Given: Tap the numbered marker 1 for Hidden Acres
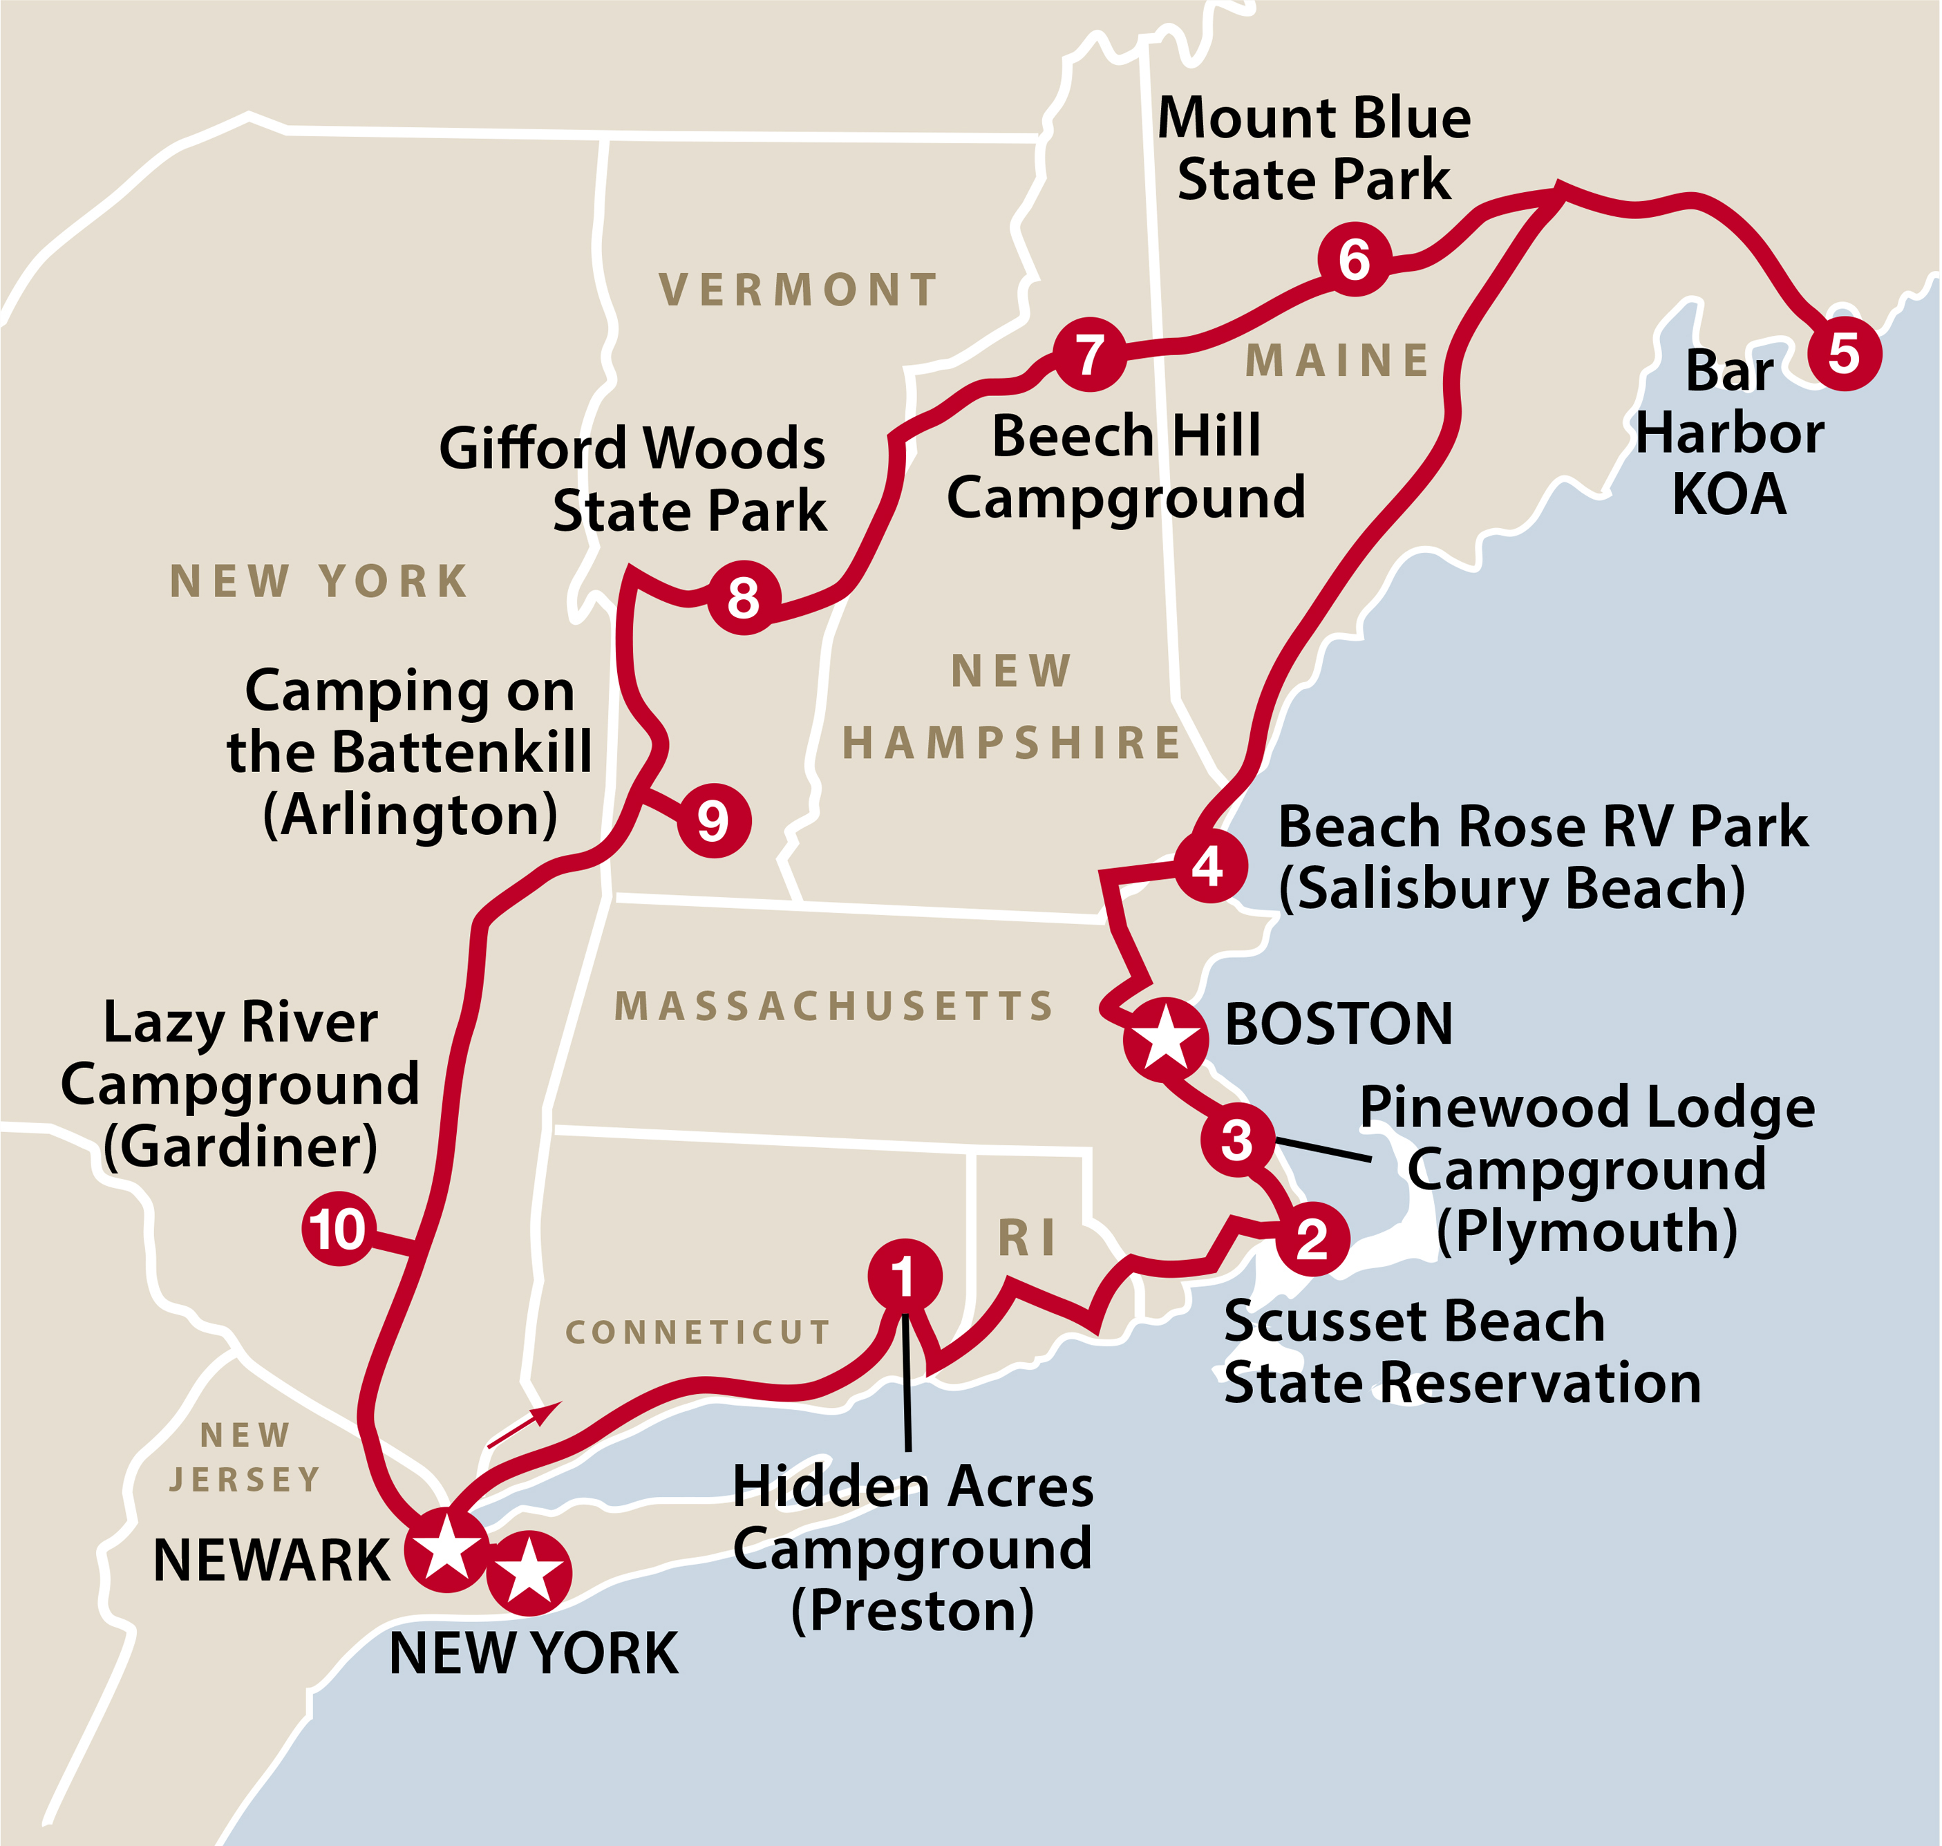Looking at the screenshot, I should click(904, 1277).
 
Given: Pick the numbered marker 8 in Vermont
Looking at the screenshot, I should click(744, 597).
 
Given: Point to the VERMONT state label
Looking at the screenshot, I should click(798, 290).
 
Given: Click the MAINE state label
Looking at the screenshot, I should click(1338, 361).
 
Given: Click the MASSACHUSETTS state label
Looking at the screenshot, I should click(834, 1006).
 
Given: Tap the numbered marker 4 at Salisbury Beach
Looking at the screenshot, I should click(1209, 867).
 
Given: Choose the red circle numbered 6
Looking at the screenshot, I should click(1355, 260).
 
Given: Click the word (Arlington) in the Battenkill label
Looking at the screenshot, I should click(411, 815).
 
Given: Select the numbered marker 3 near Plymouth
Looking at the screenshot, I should click(1236, 1140).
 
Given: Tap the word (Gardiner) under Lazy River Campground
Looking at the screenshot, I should click(240, 1147).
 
